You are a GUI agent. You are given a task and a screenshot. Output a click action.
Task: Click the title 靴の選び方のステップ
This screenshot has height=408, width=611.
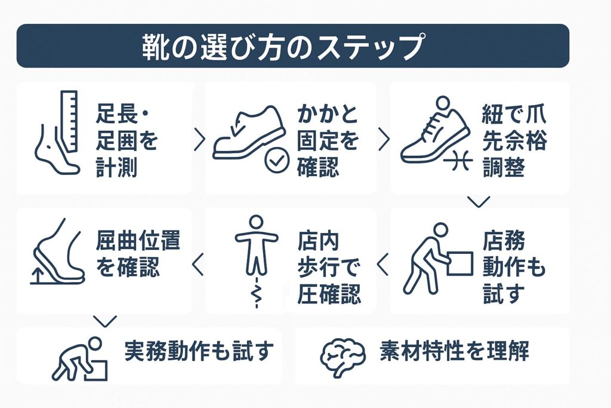pos(282,47)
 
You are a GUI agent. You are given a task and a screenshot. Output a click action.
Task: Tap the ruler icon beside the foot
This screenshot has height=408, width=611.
pos(69,121)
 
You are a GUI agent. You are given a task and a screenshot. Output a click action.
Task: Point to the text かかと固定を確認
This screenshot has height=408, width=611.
pos(328,141)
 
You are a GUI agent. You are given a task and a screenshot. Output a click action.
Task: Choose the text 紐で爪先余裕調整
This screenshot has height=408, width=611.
pos(514,141)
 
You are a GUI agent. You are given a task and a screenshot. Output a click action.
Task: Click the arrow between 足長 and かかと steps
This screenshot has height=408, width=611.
pos(199,140)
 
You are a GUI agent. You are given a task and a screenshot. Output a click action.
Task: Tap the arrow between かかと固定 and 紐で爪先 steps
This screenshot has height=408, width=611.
pos(384,140)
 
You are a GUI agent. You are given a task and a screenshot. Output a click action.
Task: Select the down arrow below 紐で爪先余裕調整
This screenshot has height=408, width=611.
pos(479,202)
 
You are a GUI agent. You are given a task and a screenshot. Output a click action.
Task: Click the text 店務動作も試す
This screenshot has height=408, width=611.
pos(514,268)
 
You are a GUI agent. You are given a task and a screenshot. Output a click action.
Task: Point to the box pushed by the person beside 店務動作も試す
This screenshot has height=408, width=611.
pos(460,263)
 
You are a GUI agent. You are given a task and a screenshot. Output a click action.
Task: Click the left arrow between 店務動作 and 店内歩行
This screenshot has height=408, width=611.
pos(382,265)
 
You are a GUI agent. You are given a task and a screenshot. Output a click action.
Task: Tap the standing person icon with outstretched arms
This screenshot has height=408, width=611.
pos(256,246)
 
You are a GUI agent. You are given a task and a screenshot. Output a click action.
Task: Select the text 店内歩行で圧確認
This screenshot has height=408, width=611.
pos(329,268)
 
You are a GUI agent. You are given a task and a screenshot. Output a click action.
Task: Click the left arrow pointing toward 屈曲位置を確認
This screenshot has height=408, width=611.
pos(198,265)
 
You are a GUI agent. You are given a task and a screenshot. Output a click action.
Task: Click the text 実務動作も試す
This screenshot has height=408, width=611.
pos(199,351)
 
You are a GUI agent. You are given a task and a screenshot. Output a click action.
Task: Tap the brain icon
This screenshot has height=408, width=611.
pos(343,357)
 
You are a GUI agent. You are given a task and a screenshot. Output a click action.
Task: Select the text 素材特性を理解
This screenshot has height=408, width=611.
pos(454,351)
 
